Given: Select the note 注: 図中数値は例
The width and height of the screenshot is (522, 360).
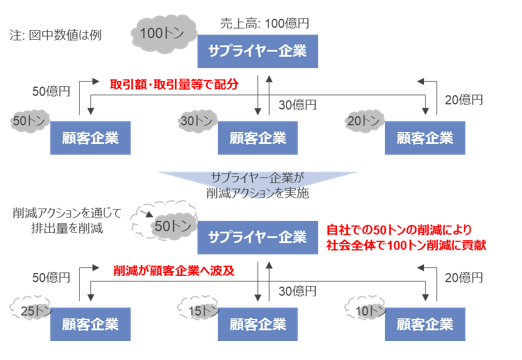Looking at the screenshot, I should pyautogui.click(x=56, y=37).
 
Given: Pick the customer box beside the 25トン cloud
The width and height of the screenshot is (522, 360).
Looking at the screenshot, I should pyautogui.click(x=91, y=326).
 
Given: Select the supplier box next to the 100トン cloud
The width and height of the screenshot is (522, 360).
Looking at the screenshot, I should pyautogui.click(x=257, y=52).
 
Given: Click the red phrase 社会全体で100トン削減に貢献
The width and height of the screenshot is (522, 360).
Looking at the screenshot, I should pyautogui.click(x=405, y=244).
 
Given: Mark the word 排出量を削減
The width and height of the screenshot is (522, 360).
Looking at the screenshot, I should pyautogui.click(x=64, y=231).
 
